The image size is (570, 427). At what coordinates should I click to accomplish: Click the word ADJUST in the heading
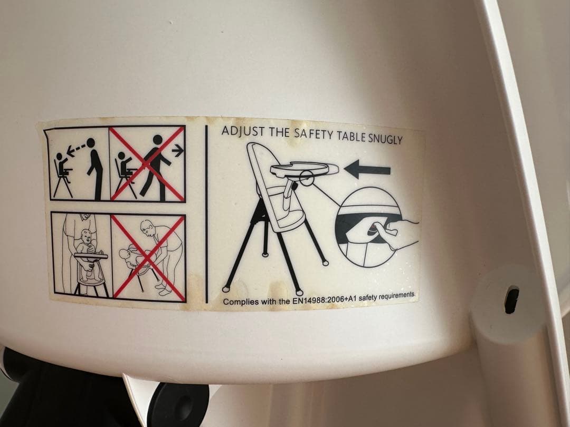[243, 131]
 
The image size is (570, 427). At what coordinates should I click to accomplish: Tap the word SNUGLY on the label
[385, 139]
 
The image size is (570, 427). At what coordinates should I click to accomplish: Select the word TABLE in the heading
[351, 136]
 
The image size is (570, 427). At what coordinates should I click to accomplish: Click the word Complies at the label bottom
[236, 302]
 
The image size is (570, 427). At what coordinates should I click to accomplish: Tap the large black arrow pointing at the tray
[367, 169]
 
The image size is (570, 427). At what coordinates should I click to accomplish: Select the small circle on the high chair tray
[307, 178]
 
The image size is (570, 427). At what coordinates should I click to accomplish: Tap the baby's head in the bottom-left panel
[85, 237]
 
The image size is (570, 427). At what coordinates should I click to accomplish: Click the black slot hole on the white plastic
[511, 299]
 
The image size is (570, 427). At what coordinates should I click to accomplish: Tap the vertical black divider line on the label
[206, 214]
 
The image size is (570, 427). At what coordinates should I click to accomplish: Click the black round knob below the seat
[179, 405]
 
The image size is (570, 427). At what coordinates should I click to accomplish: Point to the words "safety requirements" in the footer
[386, 296]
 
